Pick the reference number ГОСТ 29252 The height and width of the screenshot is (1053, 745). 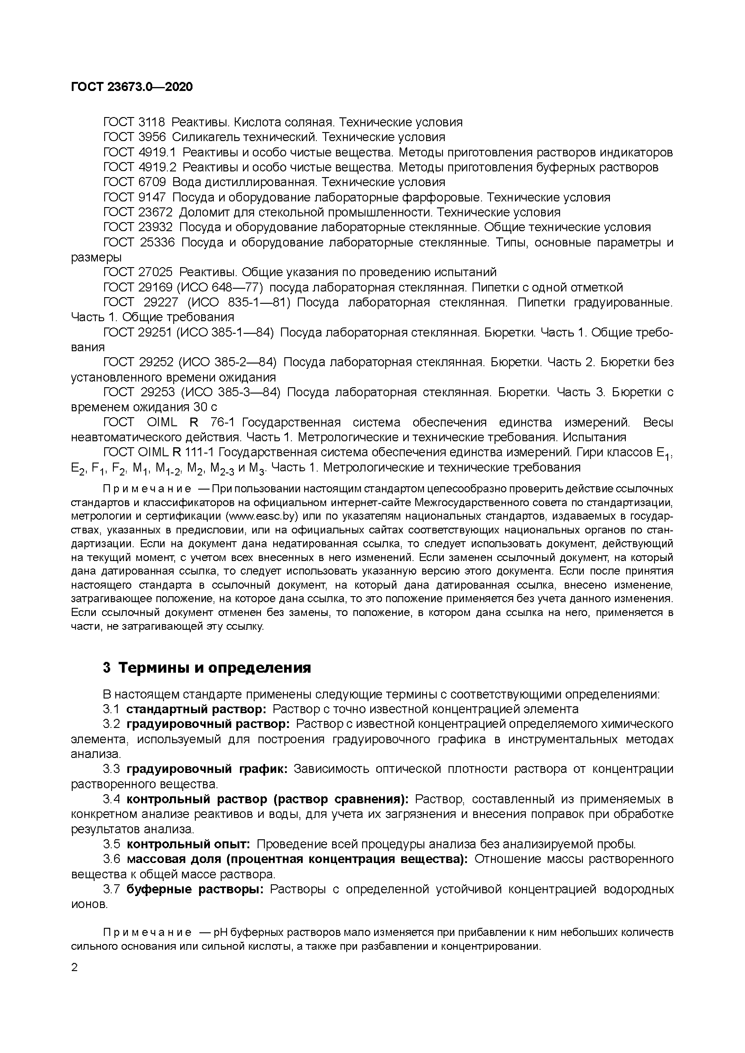138,362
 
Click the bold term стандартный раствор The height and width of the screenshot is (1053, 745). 196,709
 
